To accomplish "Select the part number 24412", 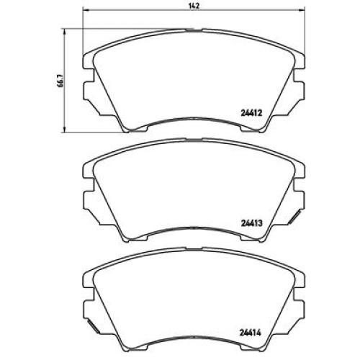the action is coord(251,112).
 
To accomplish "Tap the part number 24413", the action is coord(251,222).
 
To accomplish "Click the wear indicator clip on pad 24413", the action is coord(294,217).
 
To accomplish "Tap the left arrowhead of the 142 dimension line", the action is coord(85,10).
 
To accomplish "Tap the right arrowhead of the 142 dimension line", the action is coord(302,10).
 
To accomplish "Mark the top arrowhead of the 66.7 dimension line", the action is coord(64,32).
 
